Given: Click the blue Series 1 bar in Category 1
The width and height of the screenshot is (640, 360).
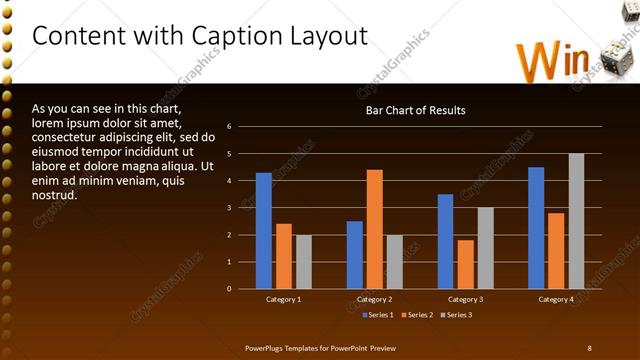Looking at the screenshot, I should [263, 231].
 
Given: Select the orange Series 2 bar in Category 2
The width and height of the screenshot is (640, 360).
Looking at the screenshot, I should [374, 229].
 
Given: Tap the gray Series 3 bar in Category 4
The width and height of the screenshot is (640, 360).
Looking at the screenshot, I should [576, 221].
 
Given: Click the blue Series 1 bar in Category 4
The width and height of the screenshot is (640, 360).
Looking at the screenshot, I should [536, 228].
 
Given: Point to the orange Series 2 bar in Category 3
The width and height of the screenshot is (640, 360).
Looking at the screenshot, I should [465, 264].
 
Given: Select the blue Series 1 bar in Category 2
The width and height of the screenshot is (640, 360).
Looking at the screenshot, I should [354, 255].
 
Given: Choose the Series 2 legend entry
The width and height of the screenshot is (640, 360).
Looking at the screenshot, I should [417, 315].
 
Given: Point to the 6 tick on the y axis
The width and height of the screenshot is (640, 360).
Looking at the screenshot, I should [229, 127].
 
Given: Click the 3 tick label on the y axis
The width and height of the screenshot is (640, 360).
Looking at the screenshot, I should [229, 208].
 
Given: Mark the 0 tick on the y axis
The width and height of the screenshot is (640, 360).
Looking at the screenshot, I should [229, 289].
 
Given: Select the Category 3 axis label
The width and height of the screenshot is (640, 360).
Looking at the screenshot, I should [466, 299].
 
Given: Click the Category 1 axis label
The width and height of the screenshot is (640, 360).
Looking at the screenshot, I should [284, 299].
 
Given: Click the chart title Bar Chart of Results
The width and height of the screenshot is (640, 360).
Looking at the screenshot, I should [414, 110].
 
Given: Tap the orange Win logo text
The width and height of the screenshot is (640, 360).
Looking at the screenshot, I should [553, 61].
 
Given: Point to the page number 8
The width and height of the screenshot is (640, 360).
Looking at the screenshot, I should [589, 347].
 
